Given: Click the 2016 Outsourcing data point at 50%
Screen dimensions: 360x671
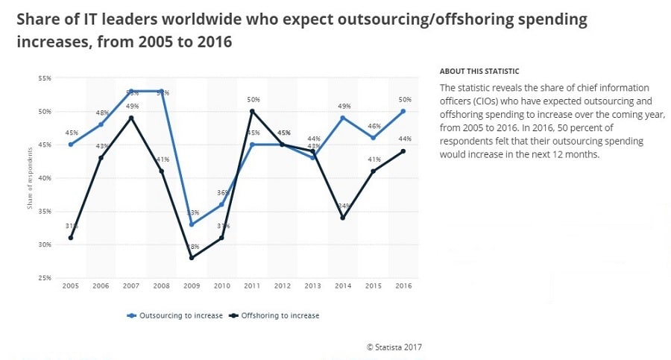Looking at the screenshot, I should point(403,112).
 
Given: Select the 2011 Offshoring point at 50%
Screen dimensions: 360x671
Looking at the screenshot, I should point(252,112).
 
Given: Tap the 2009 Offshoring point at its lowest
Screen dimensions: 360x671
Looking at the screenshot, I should point(192,258).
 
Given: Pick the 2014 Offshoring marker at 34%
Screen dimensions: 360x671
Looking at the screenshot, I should point(343,218).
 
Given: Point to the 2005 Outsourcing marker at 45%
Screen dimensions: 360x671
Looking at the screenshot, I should point(71,145).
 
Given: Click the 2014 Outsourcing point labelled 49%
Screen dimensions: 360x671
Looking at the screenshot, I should point(343,118).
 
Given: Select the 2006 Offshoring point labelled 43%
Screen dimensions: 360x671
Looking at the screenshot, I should point(101,158).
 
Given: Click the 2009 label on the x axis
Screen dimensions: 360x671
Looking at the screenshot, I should point(192,287).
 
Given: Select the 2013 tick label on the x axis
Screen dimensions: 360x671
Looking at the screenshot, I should point(312,287).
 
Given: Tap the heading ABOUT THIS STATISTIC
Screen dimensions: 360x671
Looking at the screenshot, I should point(479,72).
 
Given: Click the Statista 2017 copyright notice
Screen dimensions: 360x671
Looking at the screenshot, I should point(394,347).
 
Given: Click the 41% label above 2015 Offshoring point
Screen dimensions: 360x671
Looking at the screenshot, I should point(373,159).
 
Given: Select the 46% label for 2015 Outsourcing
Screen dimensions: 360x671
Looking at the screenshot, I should point(373,127).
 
